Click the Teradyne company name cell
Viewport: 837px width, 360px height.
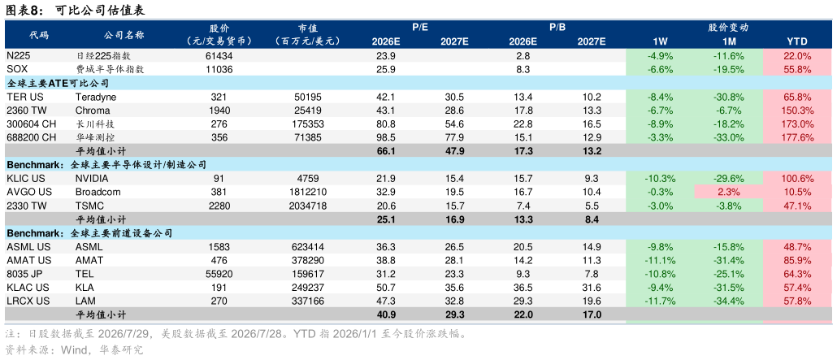click(x=96, y=98)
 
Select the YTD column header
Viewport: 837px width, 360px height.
click(x=797, y=41)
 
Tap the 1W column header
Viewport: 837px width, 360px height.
click(x=660, y=41)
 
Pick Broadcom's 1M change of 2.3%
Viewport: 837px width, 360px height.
click(x=729, y=192)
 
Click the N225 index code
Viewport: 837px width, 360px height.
click(x=19, y=55)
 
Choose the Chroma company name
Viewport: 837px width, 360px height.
click(x=93, y=111)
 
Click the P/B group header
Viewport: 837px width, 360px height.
click(x=557, y=28)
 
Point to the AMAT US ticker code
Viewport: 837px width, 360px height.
click(x=28, y=261)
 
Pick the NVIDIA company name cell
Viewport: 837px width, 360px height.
click(x=92, y=179)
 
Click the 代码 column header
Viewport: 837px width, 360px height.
click(x=39, y=35)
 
